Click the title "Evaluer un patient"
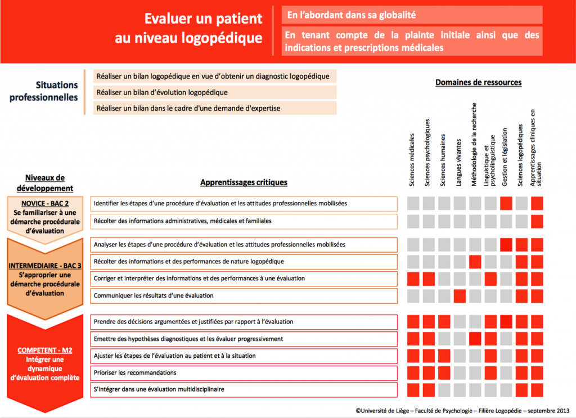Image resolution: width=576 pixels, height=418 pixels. pos(203,19)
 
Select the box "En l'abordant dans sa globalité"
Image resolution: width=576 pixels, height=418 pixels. pos(412,15)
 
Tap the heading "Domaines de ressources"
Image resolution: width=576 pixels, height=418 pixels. pos(478,82)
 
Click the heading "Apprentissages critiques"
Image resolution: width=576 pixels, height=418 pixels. pos(244,182)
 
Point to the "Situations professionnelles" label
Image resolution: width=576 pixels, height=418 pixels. pos(44,91)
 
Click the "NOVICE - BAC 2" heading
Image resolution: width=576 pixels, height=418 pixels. pos(45,204)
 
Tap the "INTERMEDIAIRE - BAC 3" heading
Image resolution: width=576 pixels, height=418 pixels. pos(45,266)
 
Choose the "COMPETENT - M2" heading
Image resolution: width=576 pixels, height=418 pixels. pos(45,350)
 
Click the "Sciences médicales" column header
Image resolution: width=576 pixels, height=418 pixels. pos(412,160)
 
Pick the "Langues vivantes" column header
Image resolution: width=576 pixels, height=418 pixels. pos(458,163)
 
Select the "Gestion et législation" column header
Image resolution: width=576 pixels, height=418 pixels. pos(505,157)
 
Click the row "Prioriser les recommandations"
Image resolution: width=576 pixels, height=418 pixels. pos(244,373)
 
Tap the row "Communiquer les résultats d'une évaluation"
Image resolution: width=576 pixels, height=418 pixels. pos(244,296)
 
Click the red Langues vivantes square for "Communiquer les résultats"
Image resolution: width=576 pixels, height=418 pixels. pos(460,296)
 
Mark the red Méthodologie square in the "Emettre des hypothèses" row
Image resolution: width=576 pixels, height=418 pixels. pos(475,339)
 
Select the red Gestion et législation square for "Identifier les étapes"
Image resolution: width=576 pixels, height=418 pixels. pos(506,204)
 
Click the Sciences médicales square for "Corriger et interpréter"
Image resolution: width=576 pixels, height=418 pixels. pos(413,279)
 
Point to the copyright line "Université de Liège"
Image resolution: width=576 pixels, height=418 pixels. pos(462,411)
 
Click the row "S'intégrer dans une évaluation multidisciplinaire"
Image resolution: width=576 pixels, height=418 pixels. pos(244,390)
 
